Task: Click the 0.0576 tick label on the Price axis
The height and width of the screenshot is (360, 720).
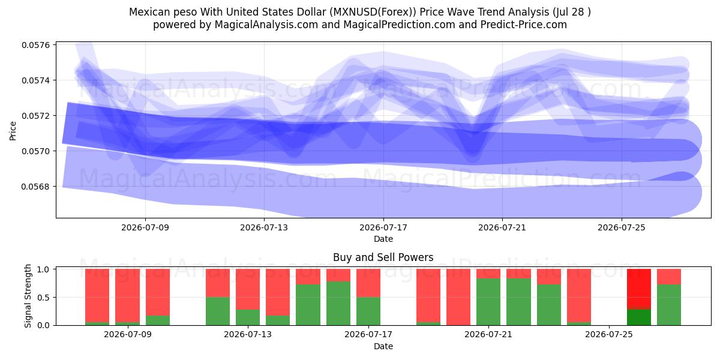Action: click(x=36, y=45)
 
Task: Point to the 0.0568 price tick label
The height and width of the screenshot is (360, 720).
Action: click(x=36, y=187)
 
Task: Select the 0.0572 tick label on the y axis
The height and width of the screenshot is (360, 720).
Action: click(x=36, y=116)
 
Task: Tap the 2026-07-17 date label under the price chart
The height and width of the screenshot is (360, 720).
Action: click(x=383, y=227)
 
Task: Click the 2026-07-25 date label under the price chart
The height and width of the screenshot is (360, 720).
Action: click(x=622, y=227)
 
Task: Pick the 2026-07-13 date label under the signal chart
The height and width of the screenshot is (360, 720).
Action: click(x=248, y=335)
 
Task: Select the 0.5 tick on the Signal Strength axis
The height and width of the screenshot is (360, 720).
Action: click(x=43, y=298)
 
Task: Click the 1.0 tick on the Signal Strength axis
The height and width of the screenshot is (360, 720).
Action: click(x=43, y=269)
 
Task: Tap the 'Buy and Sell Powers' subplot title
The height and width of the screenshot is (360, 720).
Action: click(x=383, y=257)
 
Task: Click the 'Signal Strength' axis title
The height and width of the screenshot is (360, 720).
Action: click(x=28, y=296)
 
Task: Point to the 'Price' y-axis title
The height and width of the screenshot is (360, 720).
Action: click(x=13, y=131)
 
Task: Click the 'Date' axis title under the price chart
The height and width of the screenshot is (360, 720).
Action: click(x=383, y=239)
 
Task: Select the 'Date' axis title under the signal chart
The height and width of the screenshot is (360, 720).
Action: click(x=383, y=346)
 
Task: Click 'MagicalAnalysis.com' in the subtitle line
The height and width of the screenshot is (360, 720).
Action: click(x=266, y=25)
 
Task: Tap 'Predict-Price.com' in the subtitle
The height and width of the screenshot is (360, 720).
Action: click(x=524, y=25)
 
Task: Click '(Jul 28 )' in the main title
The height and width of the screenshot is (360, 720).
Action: click(x=571, y=12)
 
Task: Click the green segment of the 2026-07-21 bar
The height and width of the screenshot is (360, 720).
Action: click(x=488, y=302)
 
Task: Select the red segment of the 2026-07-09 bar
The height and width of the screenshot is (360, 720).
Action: click(x=128, y=295)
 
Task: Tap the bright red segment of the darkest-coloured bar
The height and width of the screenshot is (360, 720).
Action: click(x=639, y=289)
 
